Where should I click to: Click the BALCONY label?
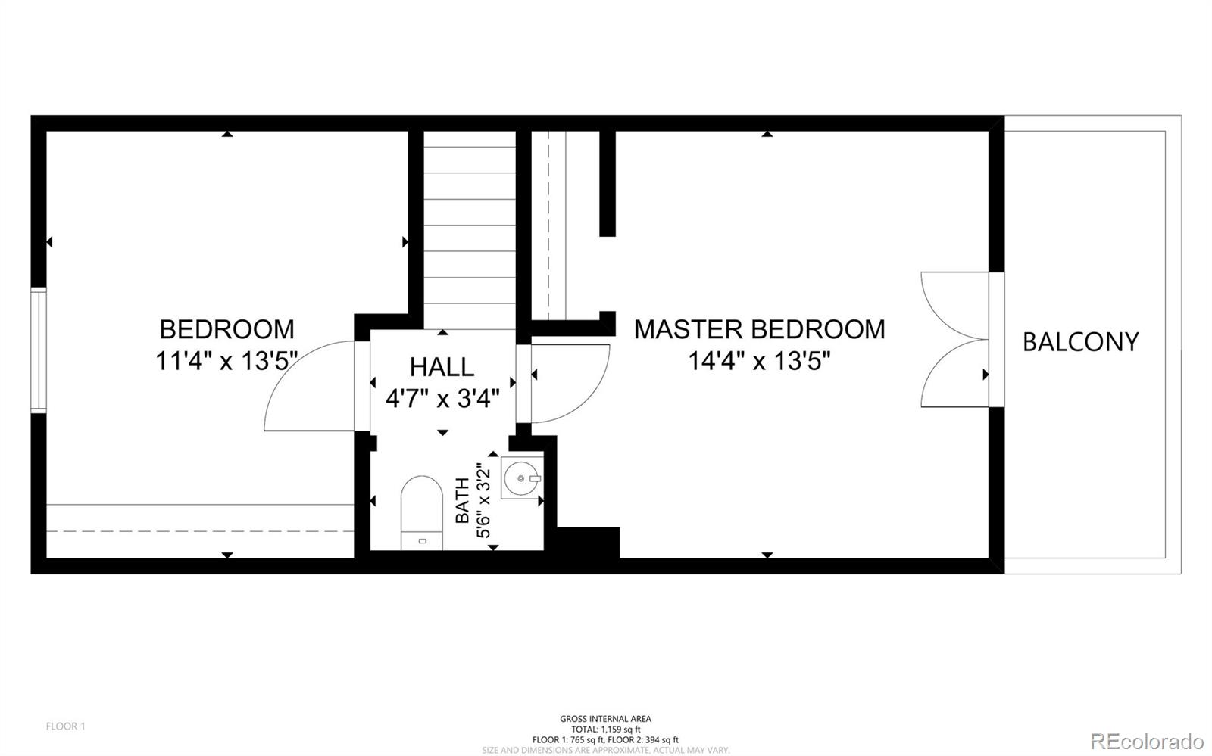click(1080, 342)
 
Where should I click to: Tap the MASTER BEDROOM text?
click(759, 329)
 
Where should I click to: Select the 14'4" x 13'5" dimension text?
click(759, 361)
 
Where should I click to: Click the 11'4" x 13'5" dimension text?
click(226, 361)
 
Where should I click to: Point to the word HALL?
click(442, 367)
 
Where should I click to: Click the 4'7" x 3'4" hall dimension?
click(442, 398)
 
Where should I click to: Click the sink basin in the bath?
click(522, 478)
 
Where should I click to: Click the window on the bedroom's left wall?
click(38, 350)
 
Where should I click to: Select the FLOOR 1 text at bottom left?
click(66, 726)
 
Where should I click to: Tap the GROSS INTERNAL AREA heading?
click(605, 719)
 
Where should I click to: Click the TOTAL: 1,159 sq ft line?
click(605, 730)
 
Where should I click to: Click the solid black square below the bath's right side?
click(588, 543)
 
